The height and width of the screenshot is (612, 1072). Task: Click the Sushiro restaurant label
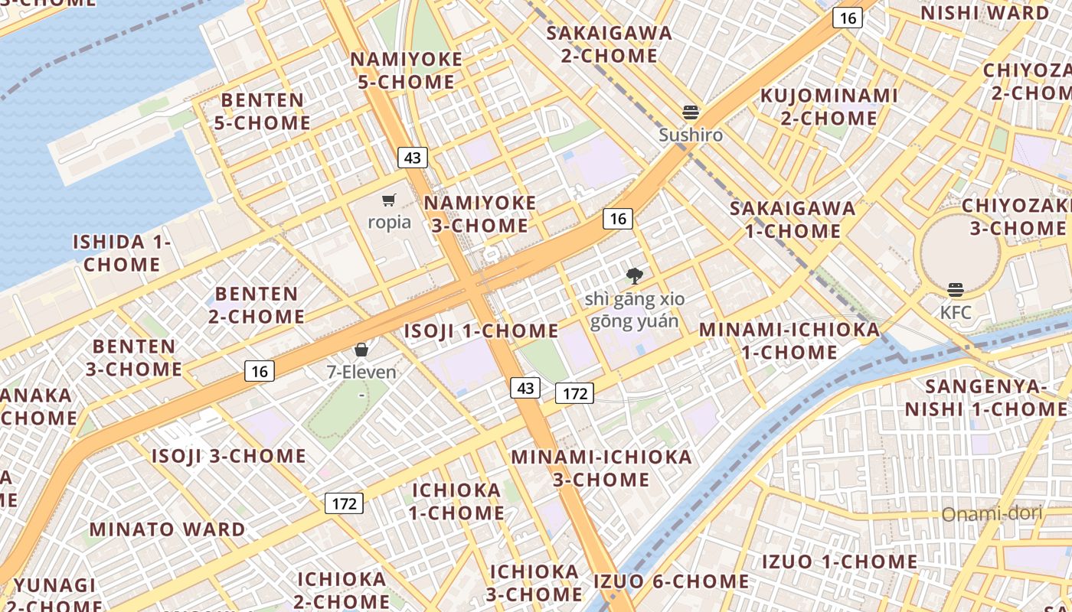691,135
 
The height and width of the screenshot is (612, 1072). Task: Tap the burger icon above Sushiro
691,112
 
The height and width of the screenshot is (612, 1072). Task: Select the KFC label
956,312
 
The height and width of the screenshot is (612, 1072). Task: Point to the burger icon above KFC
956,290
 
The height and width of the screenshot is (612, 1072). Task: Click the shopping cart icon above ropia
389,200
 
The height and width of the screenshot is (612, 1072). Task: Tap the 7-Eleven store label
361,373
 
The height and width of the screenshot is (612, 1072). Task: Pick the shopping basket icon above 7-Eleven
361,350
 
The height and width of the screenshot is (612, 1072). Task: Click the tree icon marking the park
634,276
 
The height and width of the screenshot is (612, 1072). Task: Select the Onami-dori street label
992,513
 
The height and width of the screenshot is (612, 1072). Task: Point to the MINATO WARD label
167,529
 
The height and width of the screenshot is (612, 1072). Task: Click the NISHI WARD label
985,13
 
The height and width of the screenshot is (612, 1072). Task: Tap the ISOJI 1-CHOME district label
481,331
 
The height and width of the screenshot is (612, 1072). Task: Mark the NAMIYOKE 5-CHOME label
407,70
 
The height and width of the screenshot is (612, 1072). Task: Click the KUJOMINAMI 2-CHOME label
829,106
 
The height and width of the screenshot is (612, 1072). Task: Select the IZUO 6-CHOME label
672,581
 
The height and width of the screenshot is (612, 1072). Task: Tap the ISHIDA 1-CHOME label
122,253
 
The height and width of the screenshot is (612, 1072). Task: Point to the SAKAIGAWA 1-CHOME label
792,219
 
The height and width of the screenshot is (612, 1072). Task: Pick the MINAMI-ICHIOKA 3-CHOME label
601,468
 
